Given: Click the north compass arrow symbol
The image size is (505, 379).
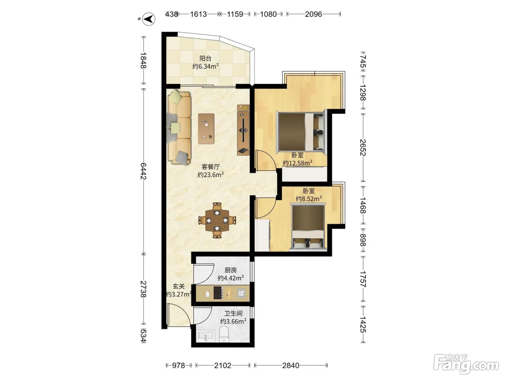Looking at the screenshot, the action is [149, 19].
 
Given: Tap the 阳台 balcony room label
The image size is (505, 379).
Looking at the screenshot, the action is [205, 58].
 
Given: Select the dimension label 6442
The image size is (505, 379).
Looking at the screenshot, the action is [143, 171].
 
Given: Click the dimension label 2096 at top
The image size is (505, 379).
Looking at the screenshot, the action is [313, 14].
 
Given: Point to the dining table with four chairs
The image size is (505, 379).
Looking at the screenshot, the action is [217, 220].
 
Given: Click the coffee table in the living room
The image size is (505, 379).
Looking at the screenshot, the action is [206, 128].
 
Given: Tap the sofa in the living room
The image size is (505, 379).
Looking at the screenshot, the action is [179, 128].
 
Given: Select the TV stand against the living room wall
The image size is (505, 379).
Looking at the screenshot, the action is [243, 130].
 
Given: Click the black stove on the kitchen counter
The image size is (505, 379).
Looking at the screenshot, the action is [218, 293].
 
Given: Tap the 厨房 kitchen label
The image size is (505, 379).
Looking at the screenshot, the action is [230, 270].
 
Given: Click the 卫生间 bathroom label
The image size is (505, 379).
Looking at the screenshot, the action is [233, 313].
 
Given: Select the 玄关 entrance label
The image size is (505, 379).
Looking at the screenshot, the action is [179, 286].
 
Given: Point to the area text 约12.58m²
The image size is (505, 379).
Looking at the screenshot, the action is [298, 163].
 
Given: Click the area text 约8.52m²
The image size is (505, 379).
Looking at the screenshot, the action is [309, 199].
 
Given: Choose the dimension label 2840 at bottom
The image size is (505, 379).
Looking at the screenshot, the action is [291, 365].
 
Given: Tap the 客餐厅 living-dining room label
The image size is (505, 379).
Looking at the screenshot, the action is [211, 167].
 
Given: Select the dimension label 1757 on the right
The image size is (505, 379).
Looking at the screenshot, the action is [363, 279].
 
